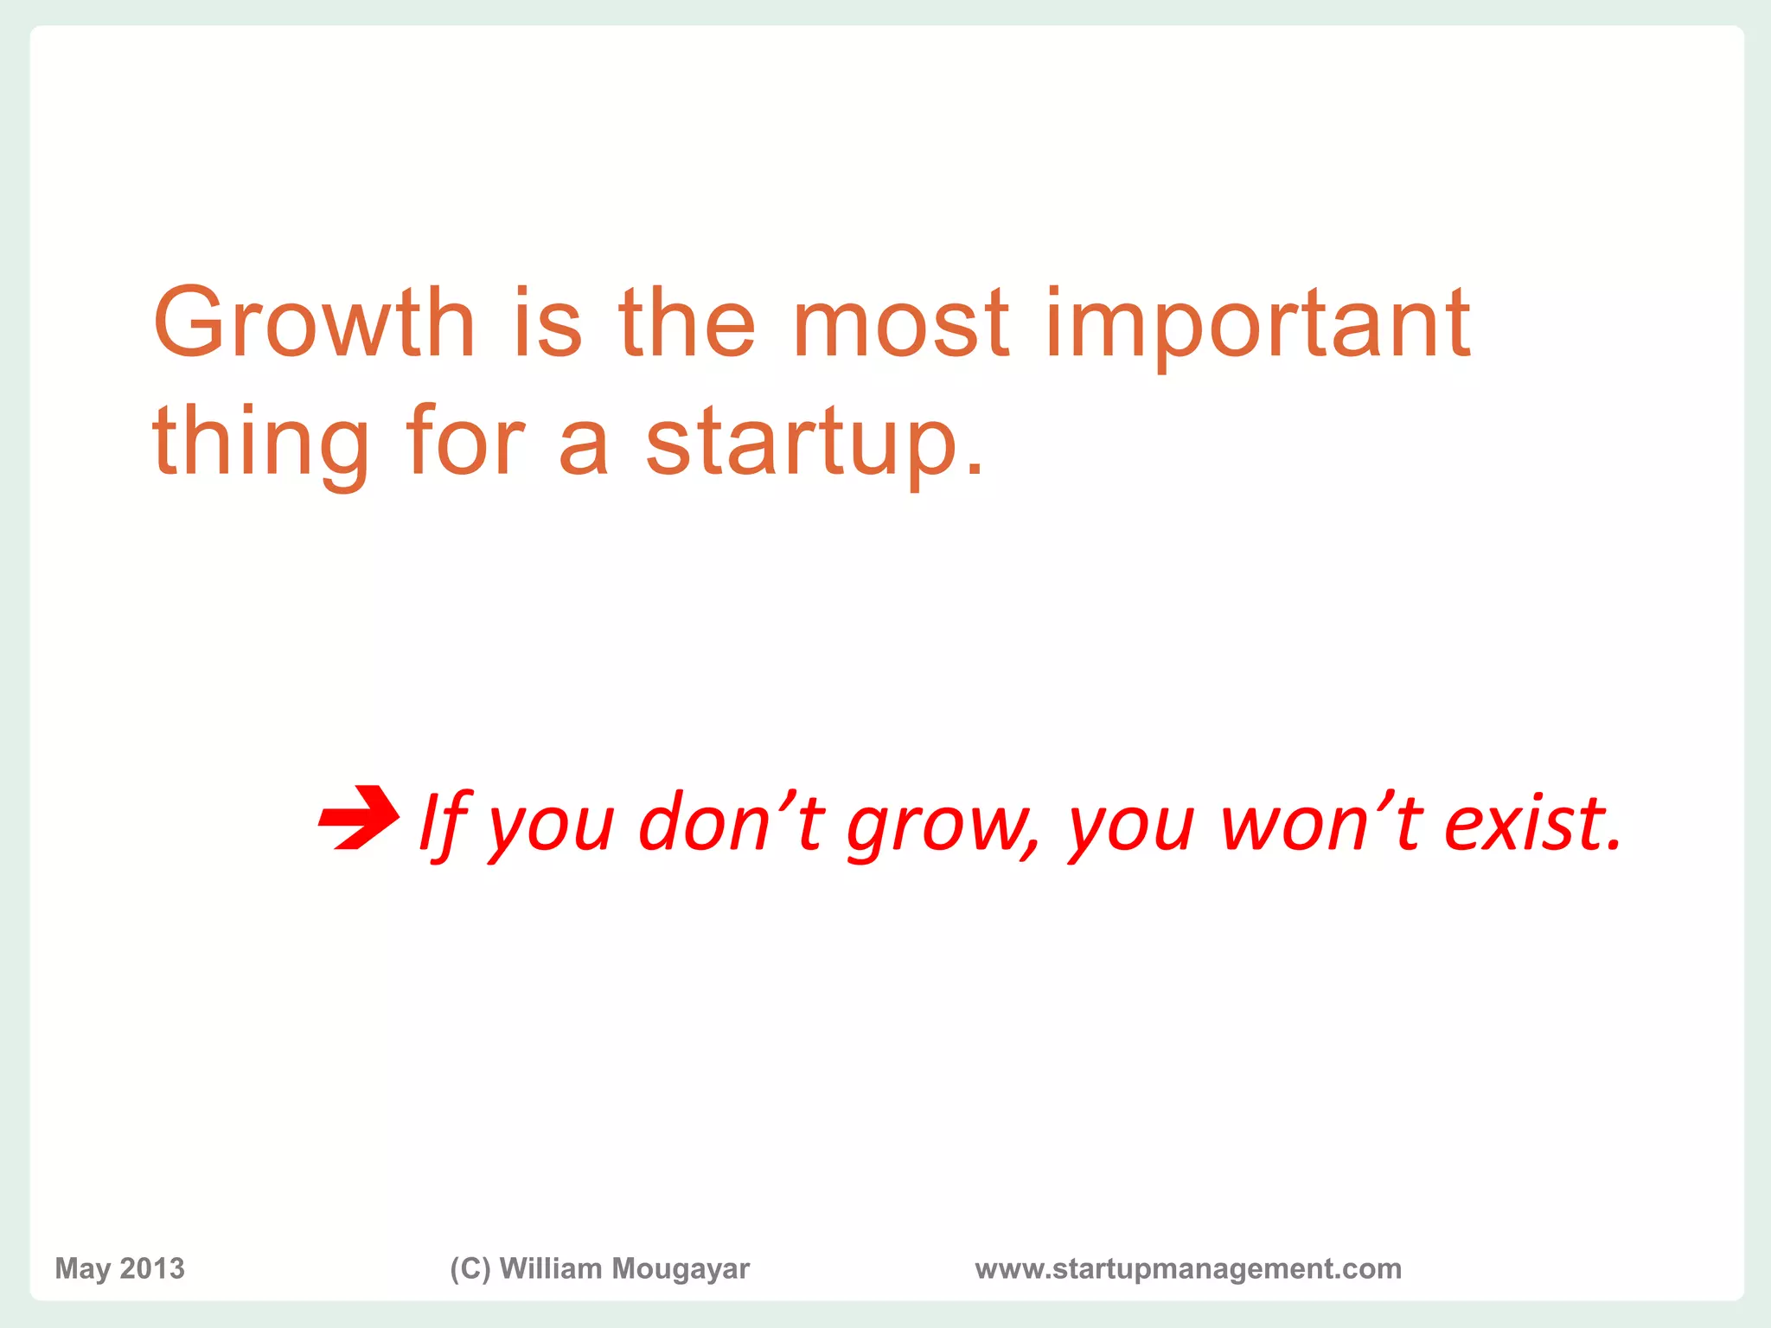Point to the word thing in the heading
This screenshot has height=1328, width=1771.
pos(260,444)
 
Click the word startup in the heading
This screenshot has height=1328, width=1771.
pos(814,444)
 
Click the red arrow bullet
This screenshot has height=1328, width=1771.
pos(359,817)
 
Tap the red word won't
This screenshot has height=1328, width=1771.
pos(1321,821)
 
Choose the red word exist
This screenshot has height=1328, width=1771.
pos(1531,821)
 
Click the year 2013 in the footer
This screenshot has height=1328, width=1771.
pos(152,1268)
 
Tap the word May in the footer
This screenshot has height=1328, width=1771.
pos(83,1269)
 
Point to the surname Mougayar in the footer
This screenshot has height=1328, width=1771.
pos(681,1269)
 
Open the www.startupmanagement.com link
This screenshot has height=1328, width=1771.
pos(1188,1269)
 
